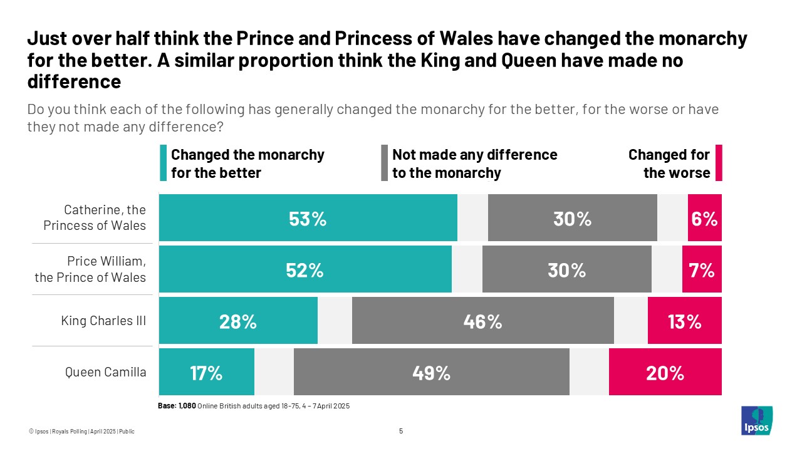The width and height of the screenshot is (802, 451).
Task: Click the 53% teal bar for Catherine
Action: pyautogui.click(x=308, y=218)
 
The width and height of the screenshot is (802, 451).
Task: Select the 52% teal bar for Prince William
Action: pyautogui.click(x=305, y=269)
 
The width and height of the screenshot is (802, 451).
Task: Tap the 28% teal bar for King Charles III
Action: pyautogui.click(x=238, y=321)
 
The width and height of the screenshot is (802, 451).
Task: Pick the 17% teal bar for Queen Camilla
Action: pyautogui.click(x=207, y=372)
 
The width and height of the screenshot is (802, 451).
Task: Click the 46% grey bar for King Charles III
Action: pyautogui.click(x=482, y=321)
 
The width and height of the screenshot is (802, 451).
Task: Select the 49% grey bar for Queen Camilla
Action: pyautogui.click(x=431, y=372)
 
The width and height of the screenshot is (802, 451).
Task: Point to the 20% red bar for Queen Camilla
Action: pyautogui.click(x=665, y=372)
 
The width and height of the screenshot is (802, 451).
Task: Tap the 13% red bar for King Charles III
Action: pyautogui.click(x=684, y=321)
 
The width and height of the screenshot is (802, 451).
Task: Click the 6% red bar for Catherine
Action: pyautogui.click(x=704, y=218)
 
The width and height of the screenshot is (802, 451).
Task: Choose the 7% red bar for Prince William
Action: pyautogui.click(x=702, y=269)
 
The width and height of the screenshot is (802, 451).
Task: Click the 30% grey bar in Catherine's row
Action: pyautogui.click(x=572, y=218)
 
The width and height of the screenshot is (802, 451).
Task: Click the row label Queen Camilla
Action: pyautogui.click(x=106, y=372)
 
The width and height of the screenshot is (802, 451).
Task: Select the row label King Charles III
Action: pyautogui.click(x=103, y=321)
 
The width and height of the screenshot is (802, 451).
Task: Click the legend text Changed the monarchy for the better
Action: pyautogui.click(x=247, y=163)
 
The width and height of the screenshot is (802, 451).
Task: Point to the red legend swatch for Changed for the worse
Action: pyautogui.click(x=719, y=163)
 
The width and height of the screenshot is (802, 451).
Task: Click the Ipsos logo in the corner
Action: pyautogui.click(x=756, y=420)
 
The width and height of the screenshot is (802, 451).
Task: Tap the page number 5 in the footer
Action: pyautogui.click(x=401, y=431)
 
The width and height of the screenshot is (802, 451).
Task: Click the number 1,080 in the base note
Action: pyautogui.click(x=187, y=406)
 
